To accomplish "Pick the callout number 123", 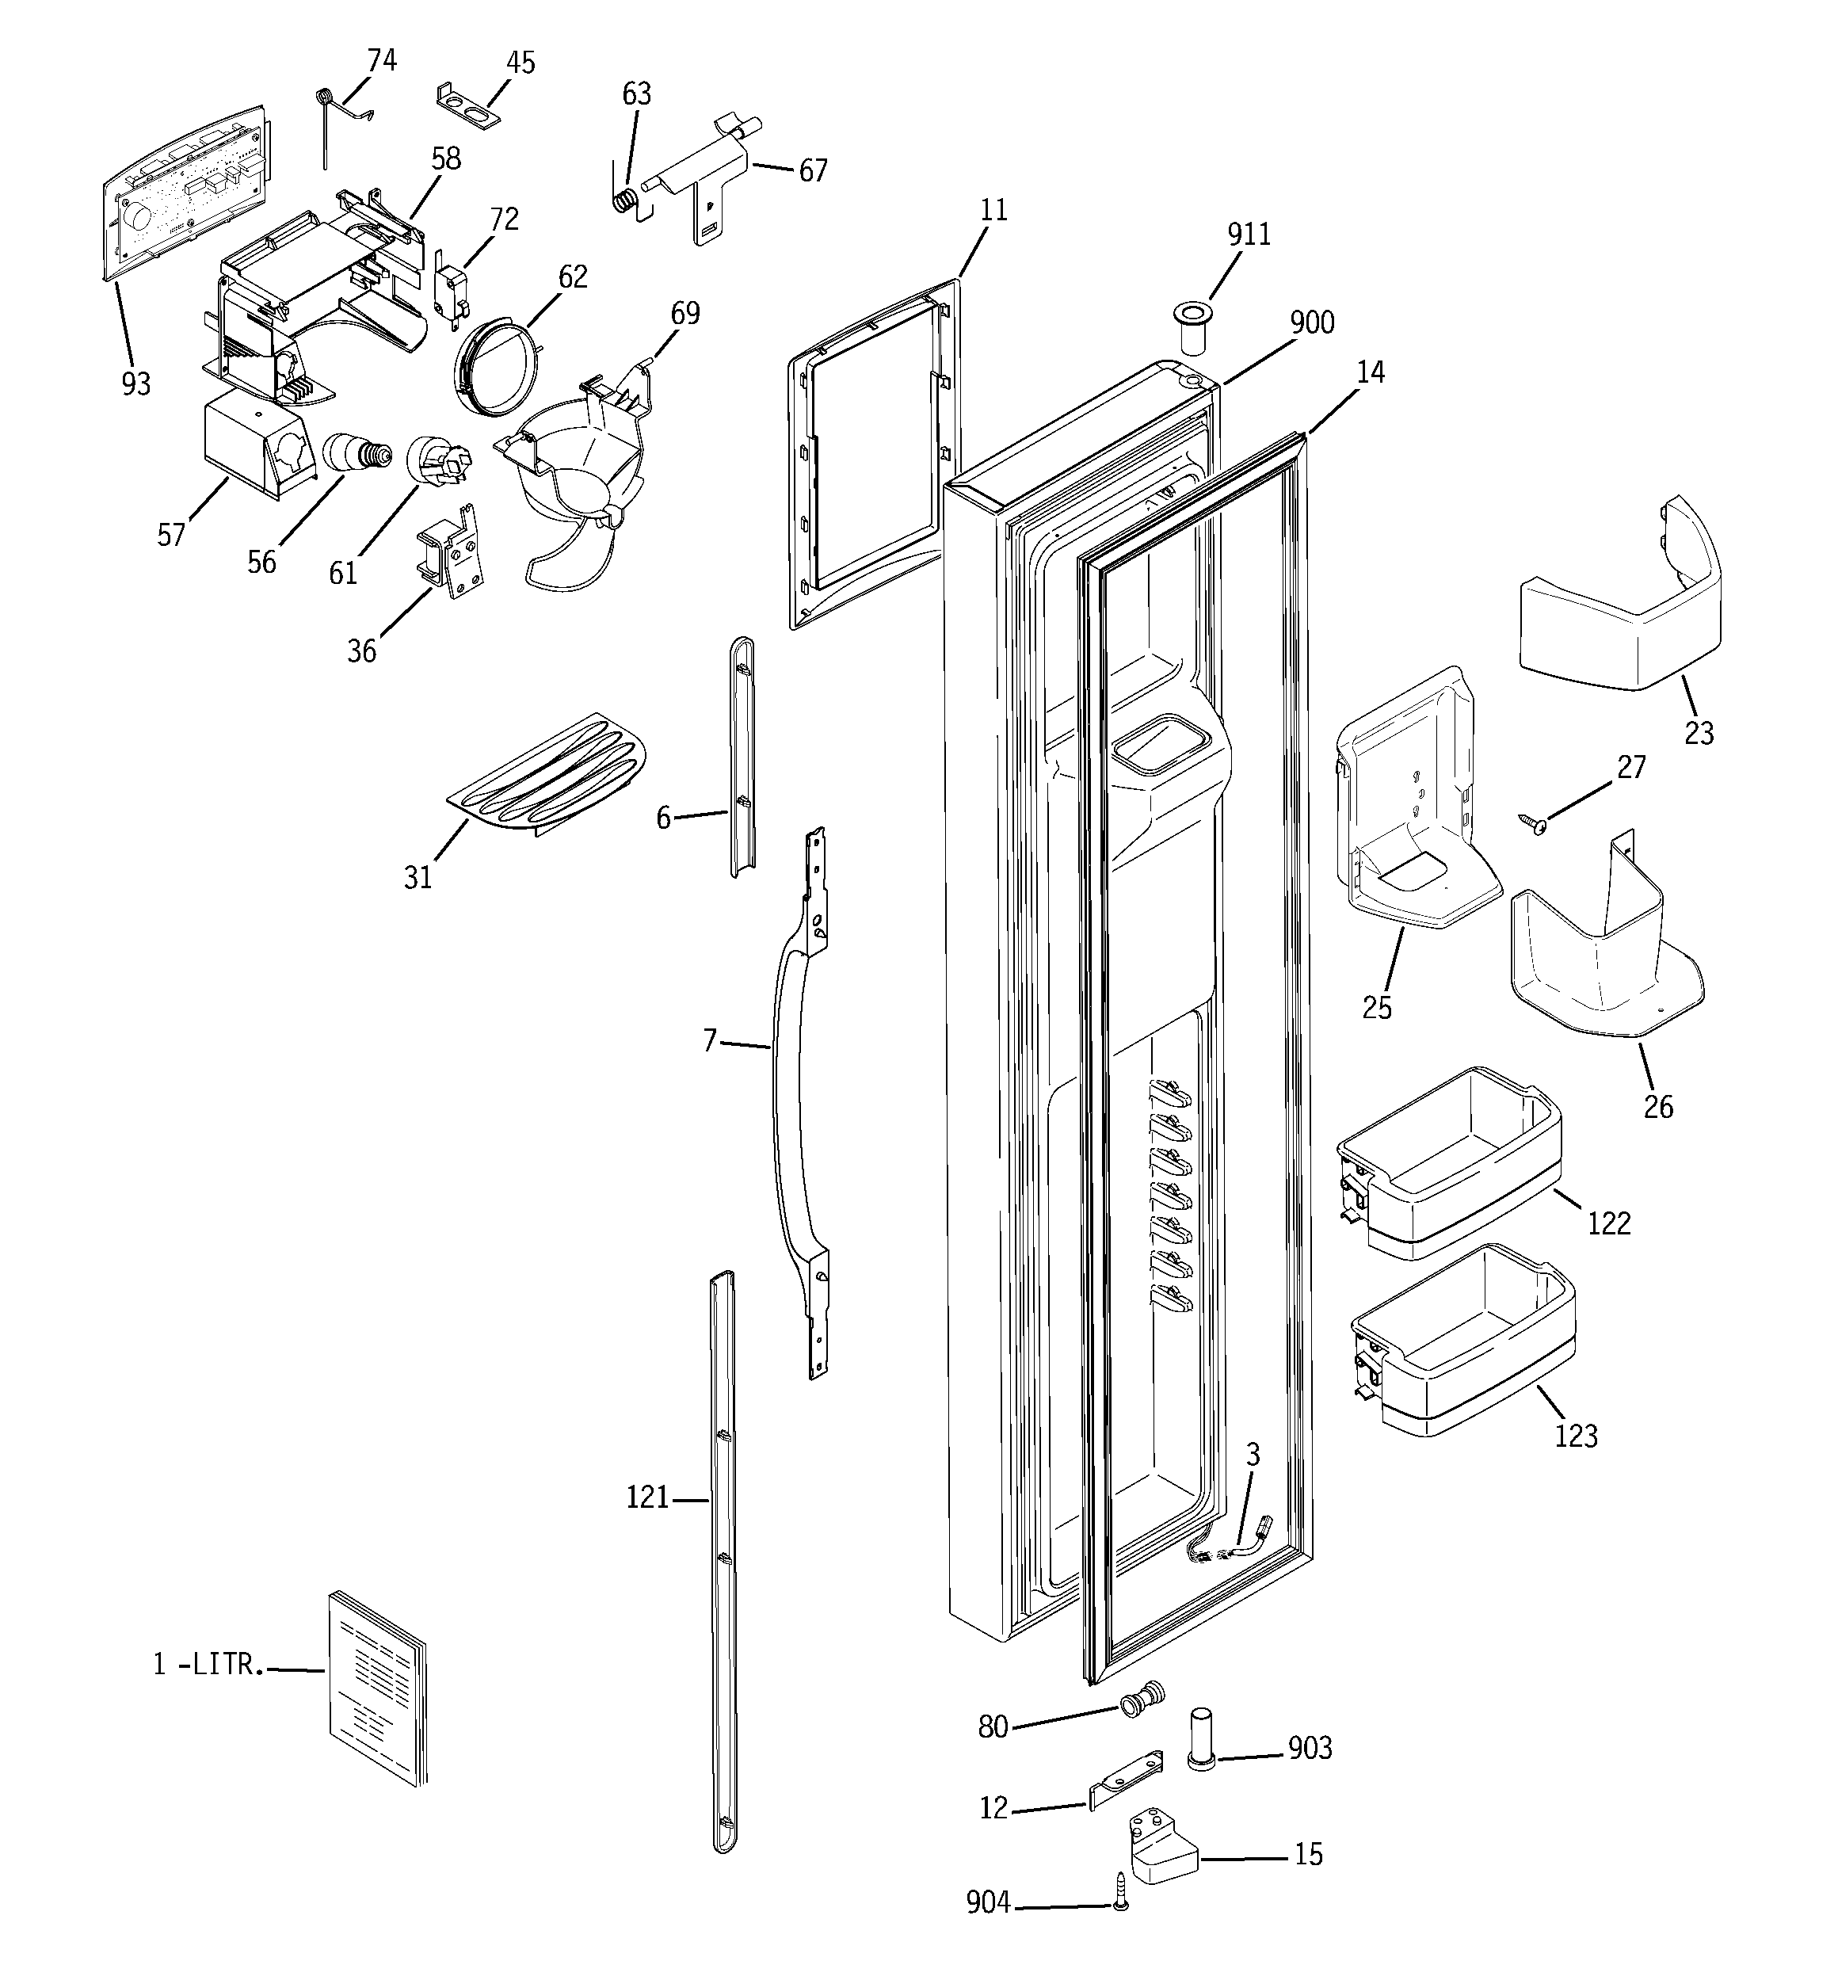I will click(1575, 1435).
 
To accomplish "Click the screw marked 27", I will click(1534, 820).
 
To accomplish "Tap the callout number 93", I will click(136, 383).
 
